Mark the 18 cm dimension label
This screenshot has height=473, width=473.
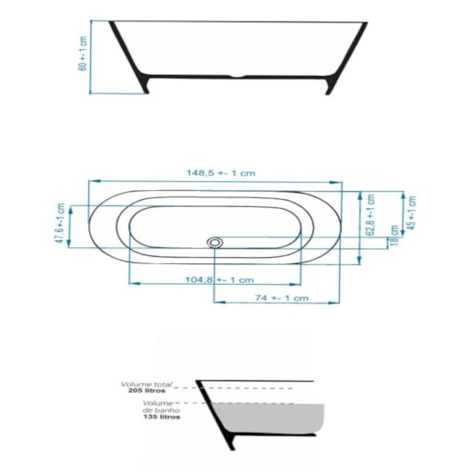[x=394, y=242]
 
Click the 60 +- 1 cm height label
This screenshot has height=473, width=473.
[x=83, y=54]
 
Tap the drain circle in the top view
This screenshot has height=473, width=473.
[x=214, y=241]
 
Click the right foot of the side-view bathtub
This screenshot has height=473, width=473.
[x=332, y=86]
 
